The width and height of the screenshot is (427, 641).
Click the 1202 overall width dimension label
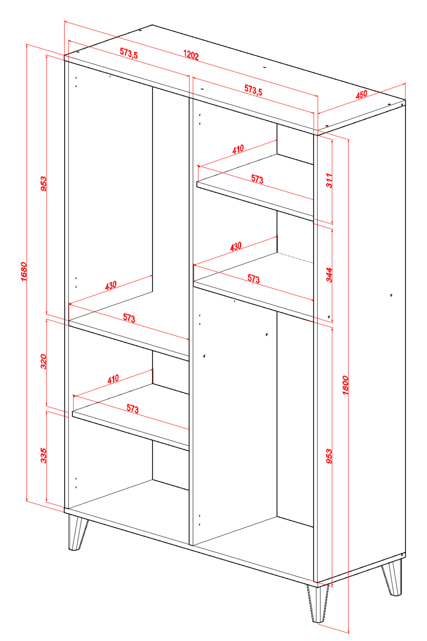point(191,55)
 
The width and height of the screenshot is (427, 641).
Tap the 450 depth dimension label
point(361,95)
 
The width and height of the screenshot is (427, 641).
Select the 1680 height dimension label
point(23,272)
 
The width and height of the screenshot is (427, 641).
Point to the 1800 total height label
point(346,385)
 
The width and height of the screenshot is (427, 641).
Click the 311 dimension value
point(329,181)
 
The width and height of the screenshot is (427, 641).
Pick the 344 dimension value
point(329,275)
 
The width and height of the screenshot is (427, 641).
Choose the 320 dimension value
point(43,361)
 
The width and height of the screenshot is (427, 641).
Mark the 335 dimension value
point(43,456)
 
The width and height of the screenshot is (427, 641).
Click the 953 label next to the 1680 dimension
point(43,184)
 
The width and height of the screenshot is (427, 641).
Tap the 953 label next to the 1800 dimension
point(329,456)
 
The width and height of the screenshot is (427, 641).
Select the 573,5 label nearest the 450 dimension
point(253,90)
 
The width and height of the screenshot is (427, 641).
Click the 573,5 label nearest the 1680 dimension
point(129,53)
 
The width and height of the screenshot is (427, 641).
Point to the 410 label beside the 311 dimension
point(238,149)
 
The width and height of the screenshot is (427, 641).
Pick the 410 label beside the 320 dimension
point(113,379)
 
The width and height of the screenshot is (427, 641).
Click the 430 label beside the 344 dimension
point(236,246)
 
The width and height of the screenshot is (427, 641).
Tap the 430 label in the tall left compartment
point(111,286)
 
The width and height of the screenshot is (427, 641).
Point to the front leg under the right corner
point(318,603)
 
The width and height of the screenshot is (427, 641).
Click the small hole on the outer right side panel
point(391,295)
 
